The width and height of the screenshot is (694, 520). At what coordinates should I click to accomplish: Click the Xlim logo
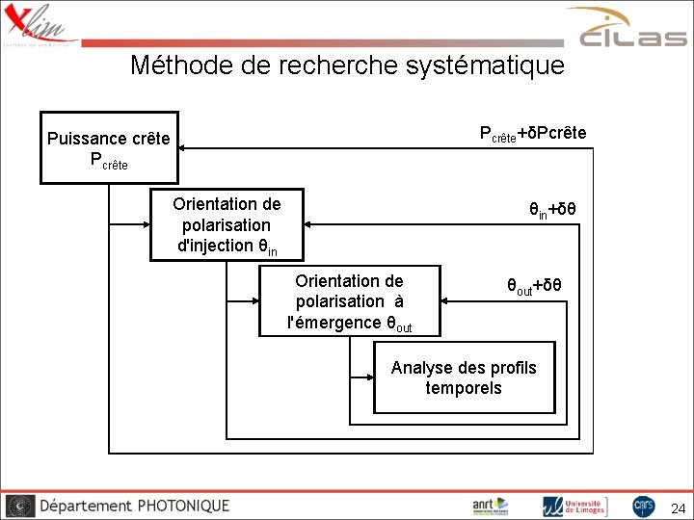pos(39,24)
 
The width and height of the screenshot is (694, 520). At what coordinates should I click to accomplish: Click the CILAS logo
pos(631,29)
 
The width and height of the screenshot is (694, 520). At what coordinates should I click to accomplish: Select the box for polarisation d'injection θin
pos(227,224)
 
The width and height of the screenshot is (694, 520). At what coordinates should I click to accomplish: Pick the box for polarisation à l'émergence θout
pos(350,301)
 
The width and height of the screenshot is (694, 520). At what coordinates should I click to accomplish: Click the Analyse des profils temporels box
pos(464,377)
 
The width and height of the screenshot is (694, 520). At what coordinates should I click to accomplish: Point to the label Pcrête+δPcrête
pos(533,133)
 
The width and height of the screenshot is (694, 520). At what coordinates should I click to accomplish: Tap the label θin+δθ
pos(552,210)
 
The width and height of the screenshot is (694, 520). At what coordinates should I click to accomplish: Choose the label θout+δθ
pos(535,286)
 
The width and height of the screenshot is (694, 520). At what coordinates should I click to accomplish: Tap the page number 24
pos(678,507)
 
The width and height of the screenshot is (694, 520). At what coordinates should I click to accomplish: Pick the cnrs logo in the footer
pos(644,506)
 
